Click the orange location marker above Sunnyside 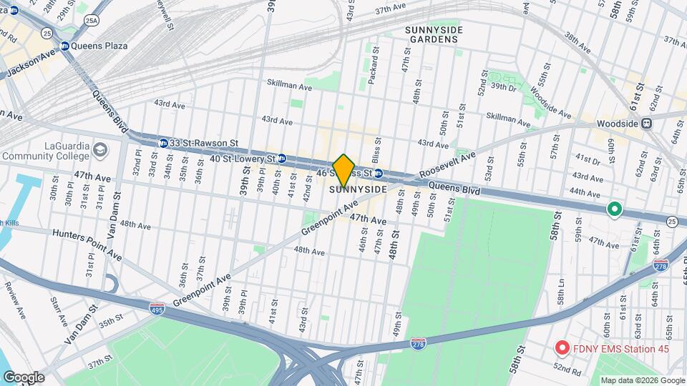point(343,170)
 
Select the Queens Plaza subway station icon point(64,46)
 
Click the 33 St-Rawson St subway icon point(164,143)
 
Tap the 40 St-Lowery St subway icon point(282,158)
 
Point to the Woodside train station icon point(646,123)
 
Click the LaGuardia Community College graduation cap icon point(99,150)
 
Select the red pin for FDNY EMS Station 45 point(562,348)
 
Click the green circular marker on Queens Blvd point(613,209)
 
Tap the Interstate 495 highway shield point(157,308)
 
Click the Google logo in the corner point(24,377)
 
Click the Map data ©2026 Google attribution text point(642,380)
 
